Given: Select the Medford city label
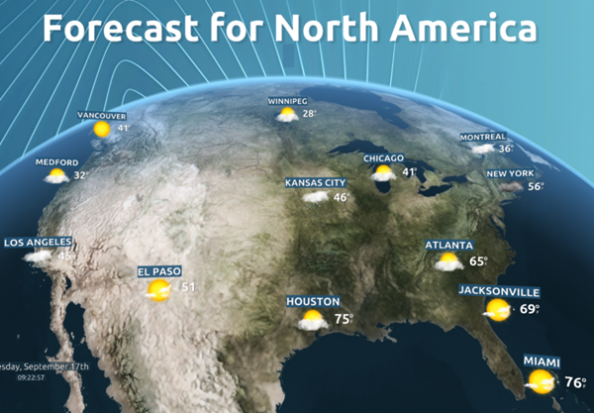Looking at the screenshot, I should [55, 162].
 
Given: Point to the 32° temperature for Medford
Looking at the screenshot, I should [80, 175].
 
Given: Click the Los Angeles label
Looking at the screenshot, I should [39, 243].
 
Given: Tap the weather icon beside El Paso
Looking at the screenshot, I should [156, 289].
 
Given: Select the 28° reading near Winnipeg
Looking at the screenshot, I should [310, 114].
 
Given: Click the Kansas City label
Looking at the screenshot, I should [315, 183].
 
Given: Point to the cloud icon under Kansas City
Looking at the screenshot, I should [315, 197].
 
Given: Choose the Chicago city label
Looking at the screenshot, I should [383, 158].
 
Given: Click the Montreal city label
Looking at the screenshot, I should [483, 137].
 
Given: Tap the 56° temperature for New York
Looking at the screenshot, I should [536, 187].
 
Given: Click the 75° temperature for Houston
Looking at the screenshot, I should [343, 319].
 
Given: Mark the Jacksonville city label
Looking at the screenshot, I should [499, 292].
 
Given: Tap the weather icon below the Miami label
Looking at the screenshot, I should [541, 380].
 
